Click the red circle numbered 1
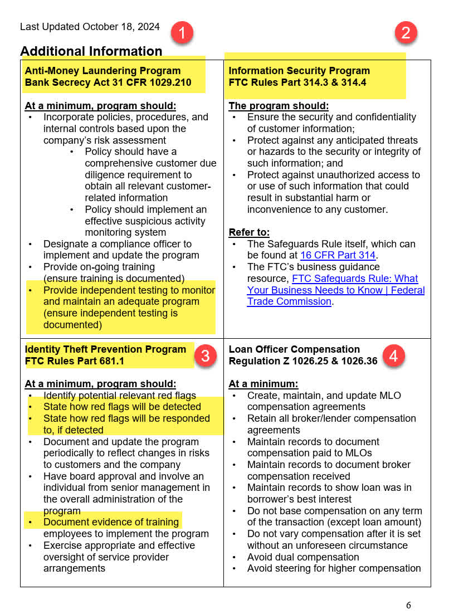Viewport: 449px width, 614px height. (182, 32)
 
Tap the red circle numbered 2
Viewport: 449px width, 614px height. (406, 32)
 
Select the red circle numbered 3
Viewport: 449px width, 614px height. (205, 355)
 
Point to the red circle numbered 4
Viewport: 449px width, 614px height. (394, 355)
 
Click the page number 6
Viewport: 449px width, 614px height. (408, 605)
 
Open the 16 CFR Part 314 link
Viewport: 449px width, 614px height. (338, 255)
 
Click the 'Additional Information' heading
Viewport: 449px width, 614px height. (91, 51)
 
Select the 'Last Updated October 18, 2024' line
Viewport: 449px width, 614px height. (90, 27)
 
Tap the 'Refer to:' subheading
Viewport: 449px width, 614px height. (249, 232)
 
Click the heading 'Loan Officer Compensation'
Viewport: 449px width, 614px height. (294, 349)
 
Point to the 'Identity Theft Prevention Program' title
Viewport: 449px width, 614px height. (105, 349)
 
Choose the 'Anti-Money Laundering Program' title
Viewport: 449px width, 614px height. (103, 71)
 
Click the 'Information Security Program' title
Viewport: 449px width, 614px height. (299, 71)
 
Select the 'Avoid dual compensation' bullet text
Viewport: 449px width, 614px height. (303, 557)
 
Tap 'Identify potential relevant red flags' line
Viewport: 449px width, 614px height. (120, 396)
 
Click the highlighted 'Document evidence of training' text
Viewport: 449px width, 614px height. (111, 522)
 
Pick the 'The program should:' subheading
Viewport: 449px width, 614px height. (279, 106)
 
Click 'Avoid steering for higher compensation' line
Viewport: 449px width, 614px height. (334, 568)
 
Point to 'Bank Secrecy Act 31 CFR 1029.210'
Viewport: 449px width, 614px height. (108, 82)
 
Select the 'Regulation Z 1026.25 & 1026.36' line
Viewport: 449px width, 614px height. (303, 361)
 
